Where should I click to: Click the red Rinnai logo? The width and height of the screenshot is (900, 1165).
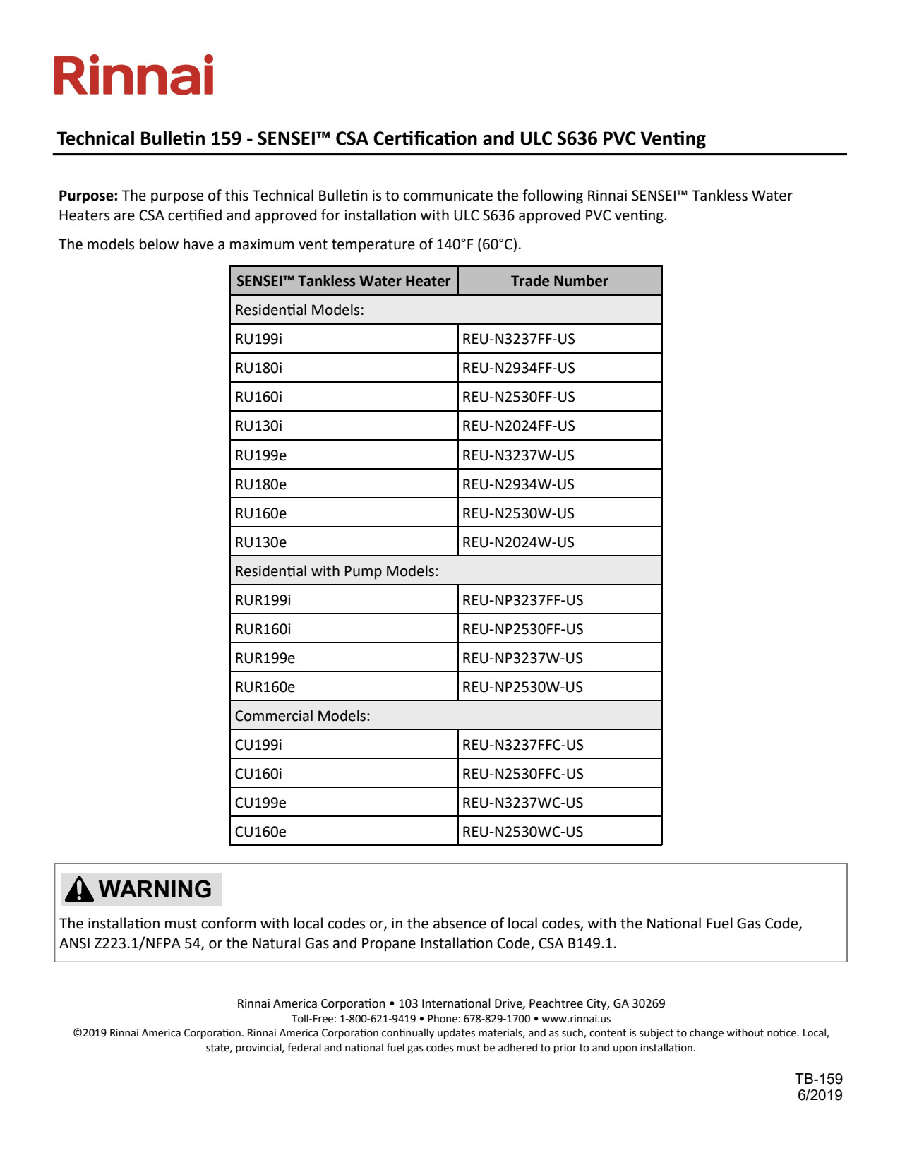tap(134, 76)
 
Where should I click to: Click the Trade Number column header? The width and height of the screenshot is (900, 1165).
tap(559, 281)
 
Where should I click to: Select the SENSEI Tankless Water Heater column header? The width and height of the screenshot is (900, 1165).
tap(343, 281)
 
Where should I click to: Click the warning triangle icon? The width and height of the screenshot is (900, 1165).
tap(79, 889)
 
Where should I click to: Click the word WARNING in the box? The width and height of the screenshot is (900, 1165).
tap(155, 889)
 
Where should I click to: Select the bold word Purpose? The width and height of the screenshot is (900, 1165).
tap(88, 196)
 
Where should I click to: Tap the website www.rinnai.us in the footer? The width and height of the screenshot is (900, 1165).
tap(576, 1019)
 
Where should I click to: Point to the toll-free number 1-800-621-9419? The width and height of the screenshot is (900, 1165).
tap(378, 1019)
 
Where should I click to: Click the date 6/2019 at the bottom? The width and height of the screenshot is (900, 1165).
tap(820, 1095)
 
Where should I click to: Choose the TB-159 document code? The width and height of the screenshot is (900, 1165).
tap(819, 1079)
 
